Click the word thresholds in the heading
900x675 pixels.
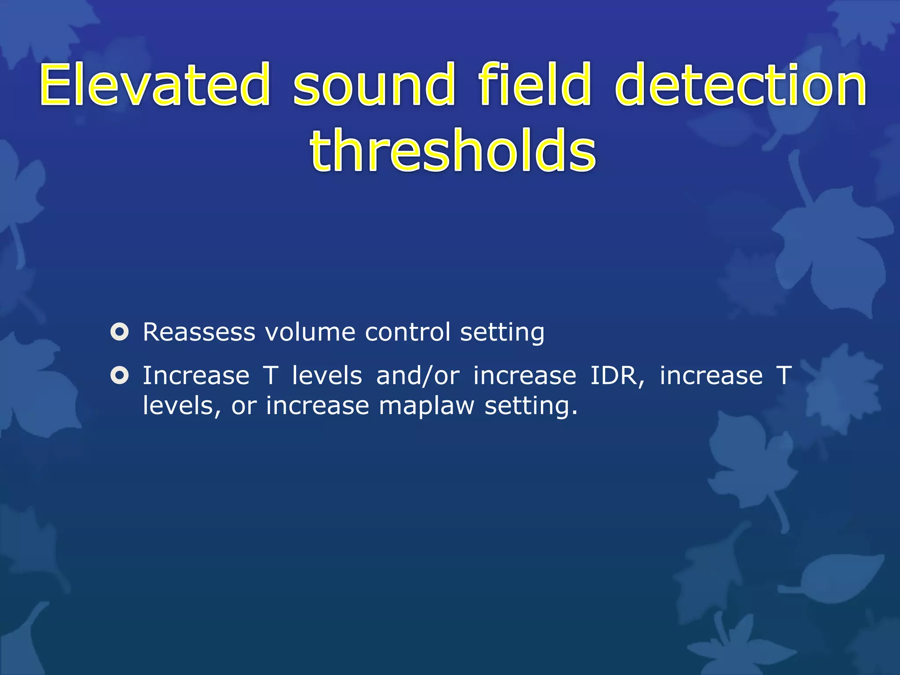tap(453, 150)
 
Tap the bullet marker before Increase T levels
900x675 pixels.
tap(120, 376)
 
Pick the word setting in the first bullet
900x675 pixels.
tap(502, 333)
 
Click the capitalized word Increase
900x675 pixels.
tap(196, 376)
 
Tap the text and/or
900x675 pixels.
tap(418, 377)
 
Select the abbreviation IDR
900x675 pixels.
tap(617, 377)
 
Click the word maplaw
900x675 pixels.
tap(427, 406)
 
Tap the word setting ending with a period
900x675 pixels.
tap(530, 406)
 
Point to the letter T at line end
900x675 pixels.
tap(784, 376)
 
